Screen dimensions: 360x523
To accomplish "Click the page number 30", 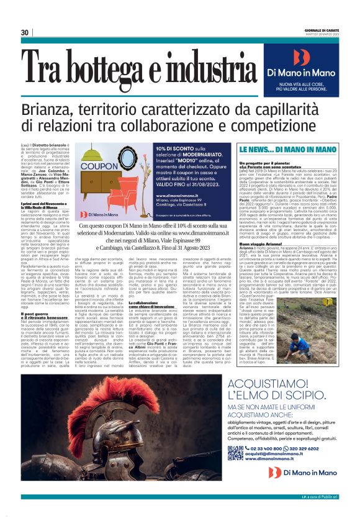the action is click(x=25, y=32).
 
